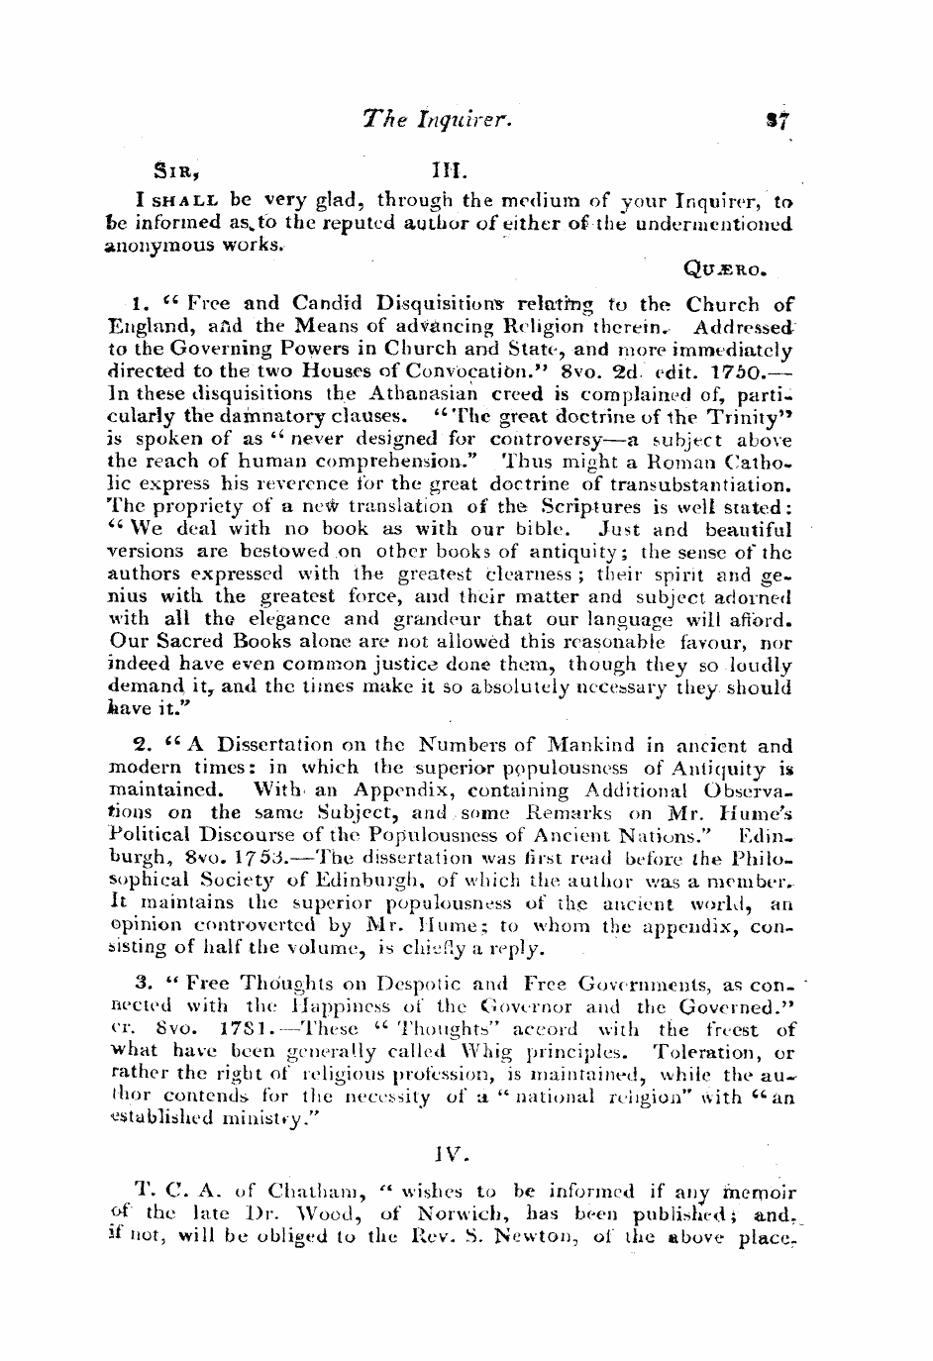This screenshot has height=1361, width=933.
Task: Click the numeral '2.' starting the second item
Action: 141,746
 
